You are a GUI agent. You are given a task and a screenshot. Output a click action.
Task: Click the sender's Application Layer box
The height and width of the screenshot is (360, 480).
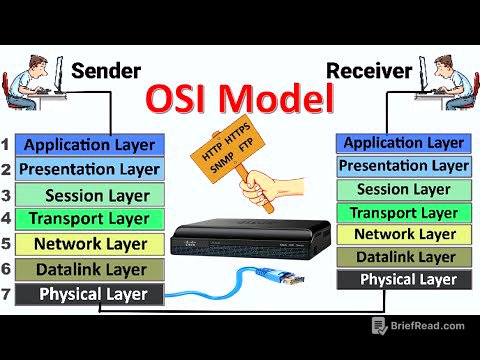click(89, 144)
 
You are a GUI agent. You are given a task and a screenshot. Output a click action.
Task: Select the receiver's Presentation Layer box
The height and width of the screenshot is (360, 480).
click(403, 165)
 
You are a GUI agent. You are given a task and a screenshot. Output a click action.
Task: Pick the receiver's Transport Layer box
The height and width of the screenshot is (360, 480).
click(403, 212)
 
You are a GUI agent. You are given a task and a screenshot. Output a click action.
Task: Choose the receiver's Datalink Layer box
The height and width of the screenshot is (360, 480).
click(403, 257)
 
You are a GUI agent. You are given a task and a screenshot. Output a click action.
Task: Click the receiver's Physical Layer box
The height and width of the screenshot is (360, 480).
click(403, 280)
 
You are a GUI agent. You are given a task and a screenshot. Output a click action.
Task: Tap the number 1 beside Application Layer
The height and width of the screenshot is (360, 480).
click(7, 144)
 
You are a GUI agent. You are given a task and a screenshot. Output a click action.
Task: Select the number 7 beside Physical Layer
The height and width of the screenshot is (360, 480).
click(7, 294)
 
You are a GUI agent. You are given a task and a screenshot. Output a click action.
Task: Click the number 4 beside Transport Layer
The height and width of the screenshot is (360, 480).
click(7, 218)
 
